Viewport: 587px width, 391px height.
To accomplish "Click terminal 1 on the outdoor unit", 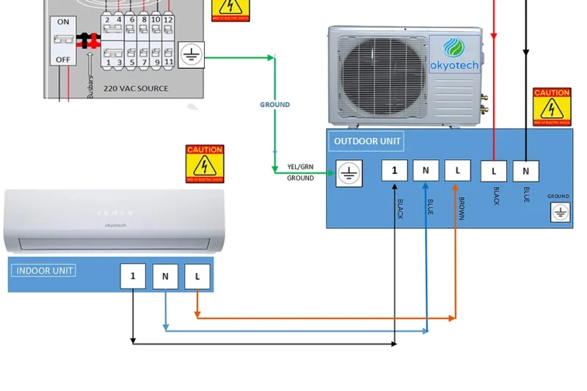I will coord(394,170).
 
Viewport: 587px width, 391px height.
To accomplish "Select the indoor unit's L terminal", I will coord(197,276).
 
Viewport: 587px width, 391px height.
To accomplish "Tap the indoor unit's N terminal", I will coord(165,276).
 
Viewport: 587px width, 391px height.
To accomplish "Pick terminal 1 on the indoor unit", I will coord(133,276).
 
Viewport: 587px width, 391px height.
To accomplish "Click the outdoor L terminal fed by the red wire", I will coord(494,171).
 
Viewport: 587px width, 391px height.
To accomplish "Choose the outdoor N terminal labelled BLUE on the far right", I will coord(525,171).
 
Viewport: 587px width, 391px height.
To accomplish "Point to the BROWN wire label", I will coord(462,208).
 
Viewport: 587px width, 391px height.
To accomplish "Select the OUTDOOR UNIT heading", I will coord(367,142).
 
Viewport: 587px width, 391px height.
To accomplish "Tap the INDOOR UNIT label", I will coord(45,271).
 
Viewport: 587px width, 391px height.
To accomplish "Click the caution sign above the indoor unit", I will coord(205,164).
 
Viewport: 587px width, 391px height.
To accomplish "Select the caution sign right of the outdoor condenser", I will coord(552,107).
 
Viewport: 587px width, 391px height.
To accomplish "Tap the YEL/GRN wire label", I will coord(300,167).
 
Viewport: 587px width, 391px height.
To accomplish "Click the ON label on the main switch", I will coord(63,22).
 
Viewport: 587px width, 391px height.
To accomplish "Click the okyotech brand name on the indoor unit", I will coord(115,225).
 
